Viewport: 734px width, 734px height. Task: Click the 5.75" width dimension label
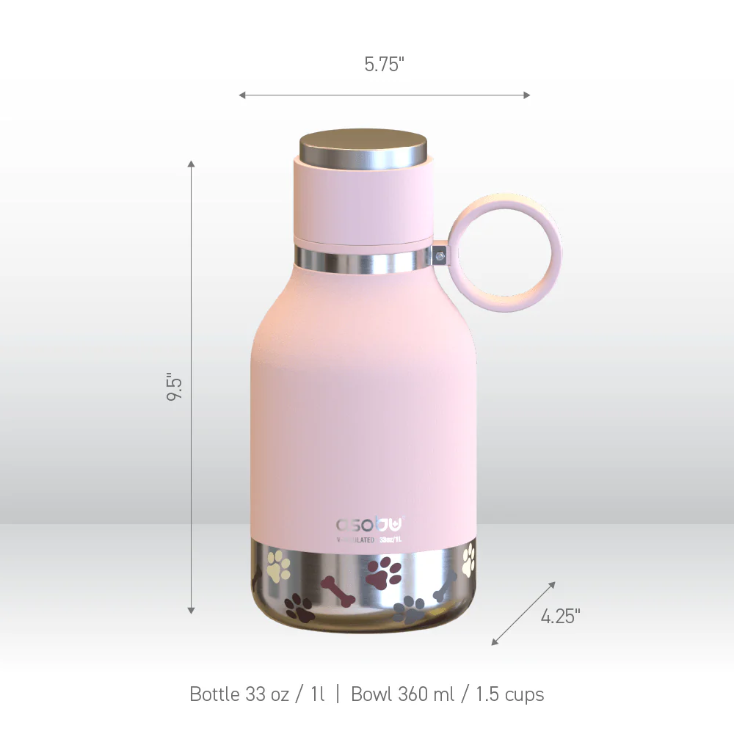384,65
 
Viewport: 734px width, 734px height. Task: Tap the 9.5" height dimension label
174,387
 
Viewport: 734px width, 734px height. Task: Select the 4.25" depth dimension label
560,617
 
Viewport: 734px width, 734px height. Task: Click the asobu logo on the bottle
369,525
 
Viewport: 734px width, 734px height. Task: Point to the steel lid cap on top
363,145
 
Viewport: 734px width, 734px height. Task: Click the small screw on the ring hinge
439,256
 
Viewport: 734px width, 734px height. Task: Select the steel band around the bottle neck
363,259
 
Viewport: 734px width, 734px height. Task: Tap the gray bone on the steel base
445,588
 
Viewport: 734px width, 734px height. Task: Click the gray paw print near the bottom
409,608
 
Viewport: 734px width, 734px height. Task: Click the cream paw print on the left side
278,565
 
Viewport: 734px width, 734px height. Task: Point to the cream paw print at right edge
468,561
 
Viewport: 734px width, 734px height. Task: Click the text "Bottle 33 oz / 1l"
257,694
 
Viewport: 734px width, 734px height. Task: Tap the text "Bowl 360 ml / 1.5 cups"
447,694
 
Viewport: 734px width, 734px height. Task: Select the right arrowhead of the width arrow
526,95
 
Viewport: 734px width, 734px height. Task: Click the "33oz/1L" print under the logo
390,540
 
